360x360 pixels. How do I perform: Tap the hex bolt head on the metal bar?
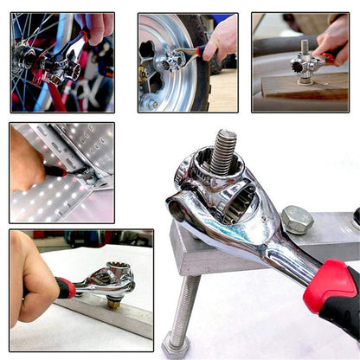tap(297, 219)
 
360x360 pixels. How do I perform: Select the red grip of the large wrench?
tap(332, 295)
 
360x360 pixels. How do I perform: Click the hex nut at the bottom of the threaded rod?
tap(175, 344)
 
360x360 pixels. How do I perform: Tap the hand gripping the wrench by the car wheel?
tap(222, 39)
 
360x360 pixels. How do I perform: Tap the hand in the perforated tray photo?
tap(29, 160)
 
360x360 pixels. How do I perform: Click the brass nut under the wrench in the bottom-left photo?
tap(112, 302)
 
